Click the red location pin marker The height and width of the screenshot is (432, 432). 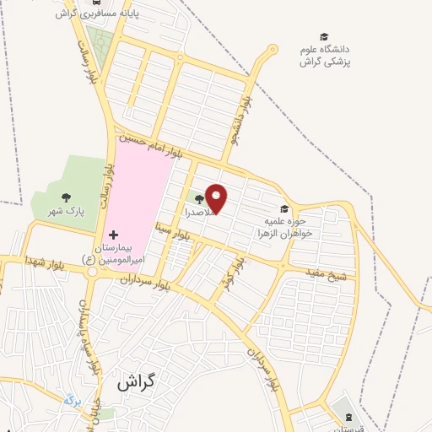pyautogui.click(x=217, y=198)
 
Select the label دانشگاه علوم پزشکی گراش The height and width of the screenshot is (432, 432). pyautogui.click(x=329, y=57)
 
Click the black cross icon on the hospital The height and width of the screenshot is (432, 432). pyautogui.click(x=114, y=233)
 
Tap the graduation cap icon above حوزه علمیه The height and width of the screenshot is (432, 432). pyautogui.click(x=284, y=209)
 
